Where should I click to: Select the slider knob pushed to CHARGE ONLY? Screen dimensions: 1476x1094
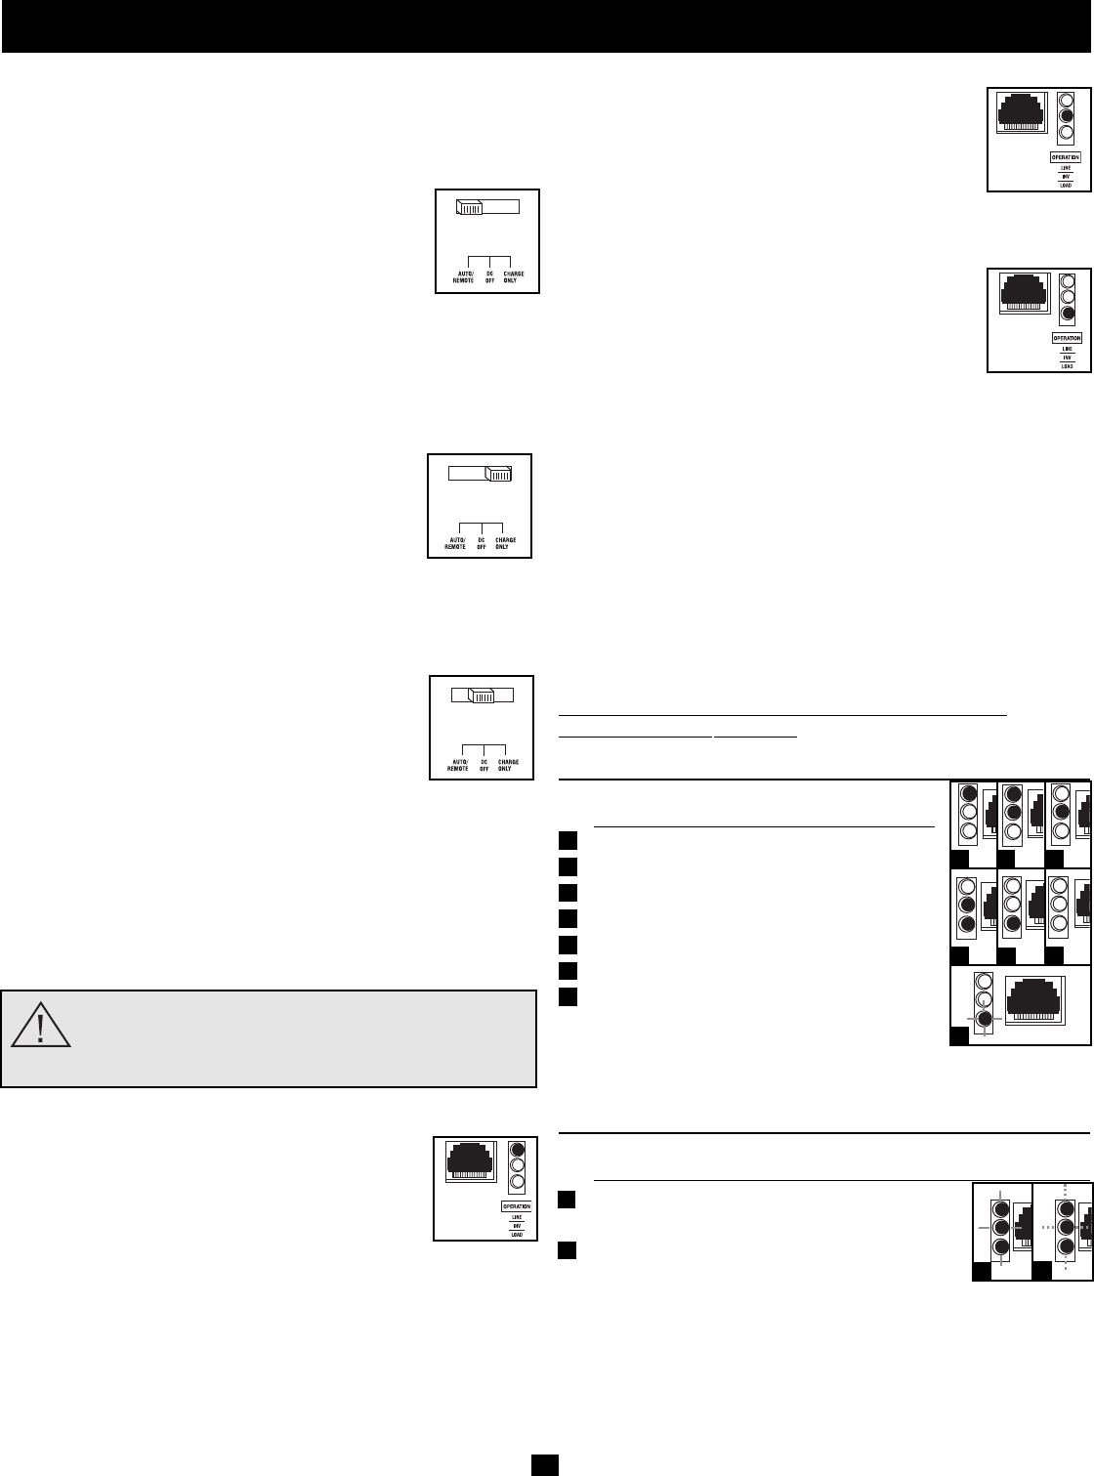pos(499,474)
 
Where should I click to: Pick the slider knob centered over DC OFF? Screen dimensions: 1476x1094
pos(483,695)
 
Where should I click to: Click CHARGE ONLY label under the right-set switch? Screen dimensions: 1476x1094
pos(502,543)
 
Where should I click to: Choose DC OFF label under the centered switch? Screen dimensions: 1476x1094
pos(483,764)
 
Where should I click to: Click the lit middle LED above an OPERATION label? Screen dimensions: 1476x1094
pos(1067,116)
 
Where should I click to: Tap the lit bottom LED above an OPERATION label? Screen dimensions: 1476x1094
pos(1068,314)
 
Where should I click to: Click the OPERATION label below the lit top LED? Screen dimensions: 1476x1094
pos(516,1205)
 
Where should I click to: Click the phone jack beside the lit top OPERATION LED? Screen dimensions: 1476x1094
pos(472,1162)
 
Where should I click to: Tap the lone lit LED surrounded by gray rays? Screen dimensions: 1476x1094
pos(985,1021)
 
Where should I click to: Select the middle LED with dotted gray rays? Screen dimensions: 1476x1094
pos(1066,1226)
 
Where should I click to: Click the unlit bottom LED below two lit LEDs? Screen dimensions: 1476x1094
pos(1012,831)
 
